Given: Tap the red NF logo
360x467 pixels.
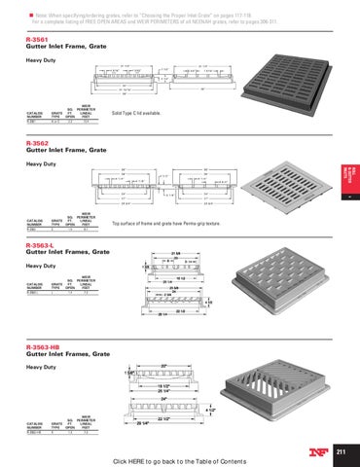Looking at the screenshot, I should pyautogui.click(x=314, y=449).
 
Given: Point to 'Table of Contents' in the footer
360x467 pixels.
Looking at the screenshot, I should pyautogui.click(x=229, y=460).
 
